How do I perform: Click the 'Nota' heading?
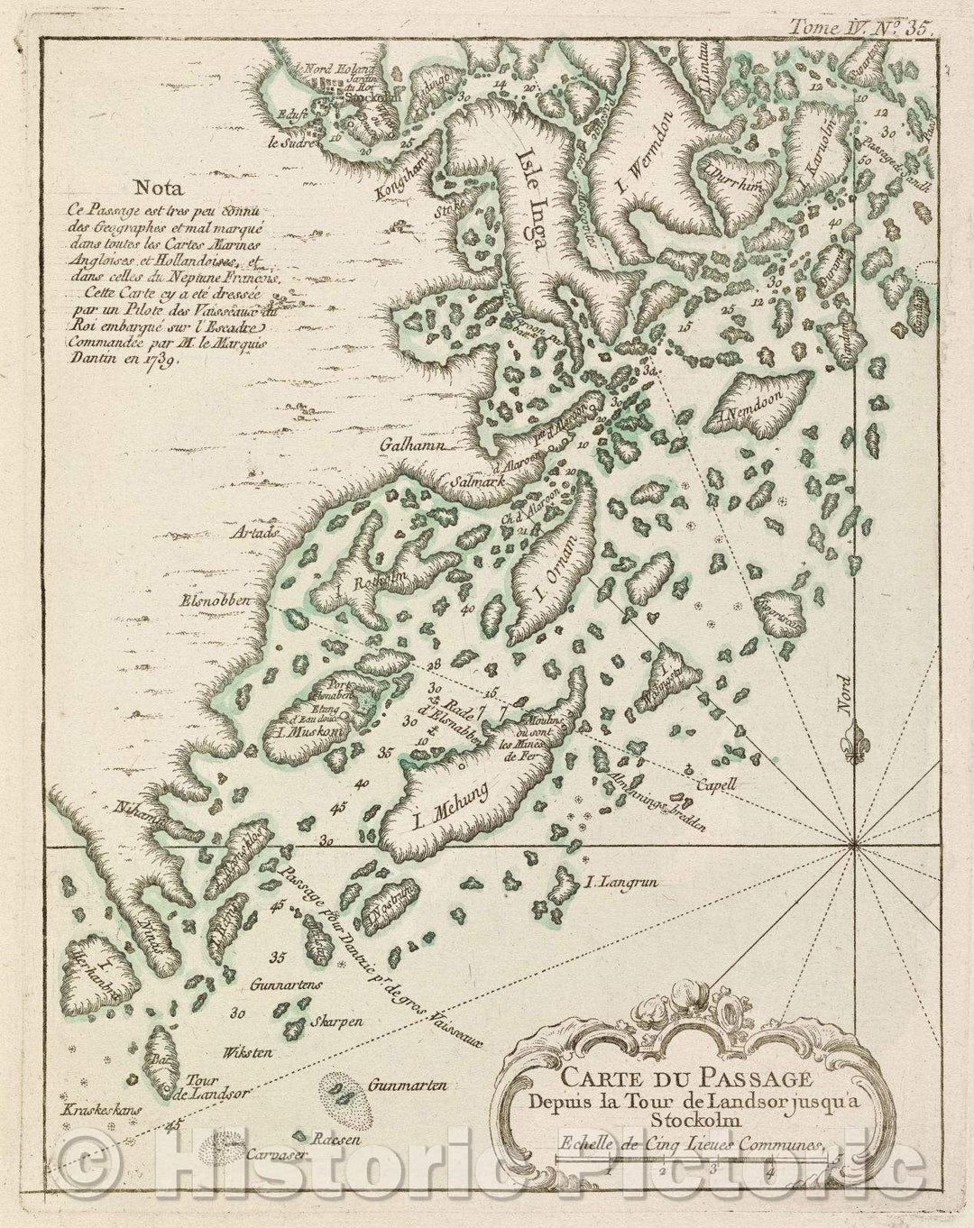(156, 188)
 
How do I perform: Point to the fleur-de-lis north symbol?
(856, 741)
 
